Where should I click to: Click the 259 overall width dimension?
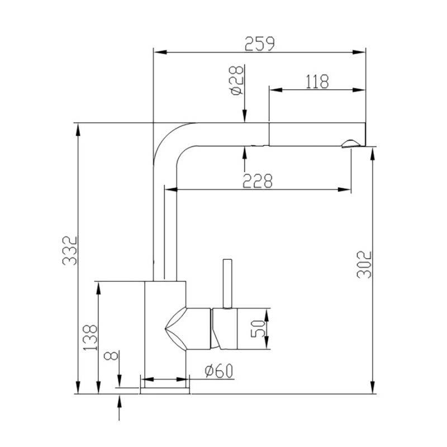point(260,43)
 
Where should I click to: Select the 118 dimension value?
point(317,81)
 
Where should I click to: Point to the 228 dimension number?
point(258,181)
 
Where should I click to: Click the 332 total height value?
point(69,251)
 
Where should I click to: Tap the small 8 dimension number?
point(111,356)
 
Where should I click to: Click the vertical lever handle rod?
point(227,282)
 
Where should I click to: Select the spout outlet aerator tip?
point(351,143)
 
